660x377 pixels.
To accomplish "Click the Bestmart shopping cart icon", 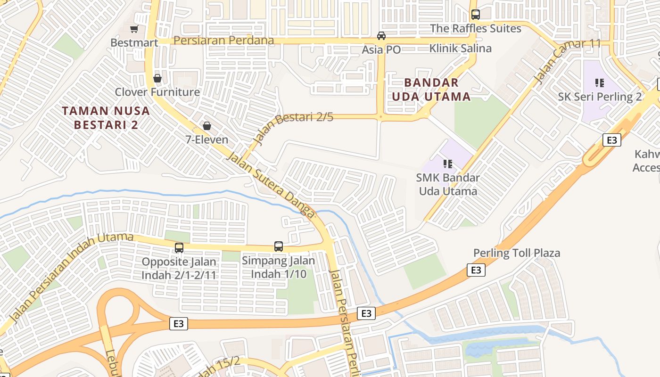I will pos(134,29).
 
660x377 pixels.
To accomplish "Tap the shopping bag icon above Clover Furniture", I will pos(157,78).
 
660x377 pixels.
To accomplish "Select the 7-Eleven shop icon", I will pos(206,126).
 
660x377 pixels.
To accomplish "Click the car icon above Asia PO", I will pos(381,36).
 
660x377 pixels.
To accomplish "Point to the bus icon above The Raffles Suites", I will pos(475,15).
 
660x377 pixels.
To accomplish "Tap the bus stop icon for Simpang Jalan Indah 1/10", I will pos(279,246).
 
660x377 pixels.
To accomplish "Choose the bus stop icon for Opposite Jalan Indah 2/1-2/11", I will pos(179,248).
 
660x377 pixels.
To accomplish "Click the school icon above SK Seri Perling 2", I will pos(599,83).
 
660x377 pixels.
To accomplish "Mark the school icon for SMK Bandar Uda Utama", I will pos(447,164).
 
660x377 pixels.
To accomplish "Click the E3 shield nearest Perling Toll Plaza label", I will pos(476,270).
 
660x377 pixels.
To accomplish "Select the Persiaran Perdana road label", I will pos(223,41).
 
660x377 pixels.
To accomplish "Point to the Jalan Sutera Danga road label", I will pos(271,184).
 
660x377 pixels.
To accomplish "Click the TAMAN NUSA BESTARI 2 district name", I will pos(106,118).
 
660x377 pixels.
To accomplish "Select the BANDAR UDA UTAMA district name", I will pos(437,90).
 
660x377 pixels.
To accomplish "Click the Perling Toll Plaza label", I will pos(517,253).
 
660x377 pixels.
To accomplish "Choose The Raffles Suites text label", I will pos(476,28).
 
